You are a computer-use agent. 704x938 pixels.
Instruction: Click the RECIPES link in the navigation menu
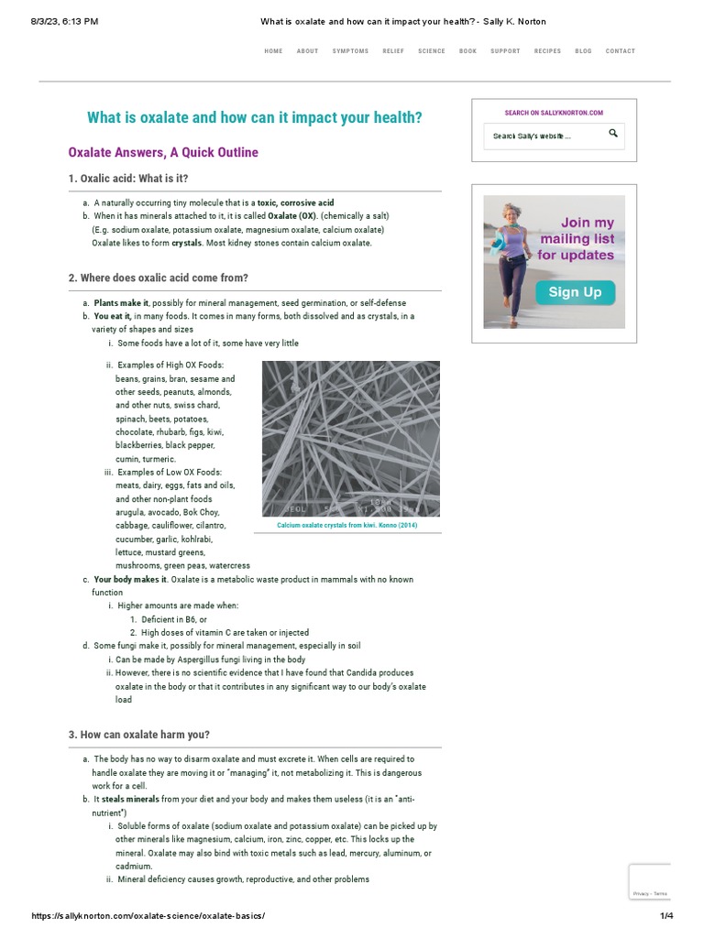point(547,51)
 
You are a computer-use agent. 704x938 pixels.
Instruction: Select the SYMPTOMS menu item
point(350,51)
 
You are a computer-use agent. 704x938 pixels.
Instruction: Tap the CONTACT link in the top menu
point(620,51)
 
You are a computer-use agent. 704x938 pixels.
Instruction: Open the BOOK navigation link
point(467,51)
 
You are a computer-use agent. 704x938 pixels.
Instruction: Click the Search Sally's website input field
point(541,136)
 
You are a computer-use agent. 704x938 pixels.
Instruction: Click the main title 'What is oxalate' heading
point(255,118)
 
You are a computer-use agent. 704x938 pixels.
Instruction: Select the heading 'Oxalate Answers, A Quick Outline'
point(163,153)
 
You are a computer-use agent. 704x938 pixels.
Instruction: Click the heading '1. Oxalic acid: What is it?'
point(134,179)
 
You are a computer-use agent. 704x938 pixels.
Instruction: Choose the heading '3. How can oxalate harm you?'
point(145,735)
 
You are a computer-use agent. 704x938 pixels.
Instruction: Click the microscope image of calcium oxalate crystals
point(350,439)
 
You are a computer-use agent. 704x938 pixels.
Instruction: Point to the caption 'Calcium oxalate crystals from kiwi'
point(346,526)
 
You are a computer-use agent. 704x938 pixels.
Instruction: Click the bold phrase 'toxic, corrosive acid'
point(295,202)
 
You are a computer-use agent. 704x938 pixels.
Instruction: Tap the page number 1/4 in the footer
point(666,916)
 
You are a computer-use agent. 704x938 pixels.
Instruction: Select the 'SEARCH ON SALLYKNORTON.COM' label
point(554,113)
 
